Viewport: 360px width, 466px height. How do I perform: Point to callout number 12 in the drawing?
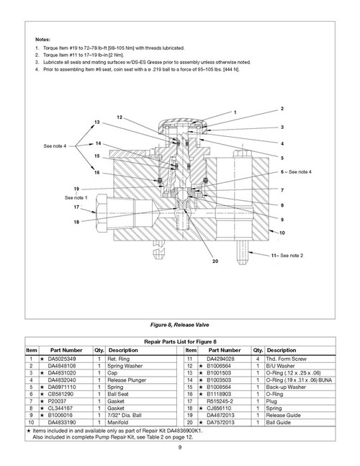point(119,117)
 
